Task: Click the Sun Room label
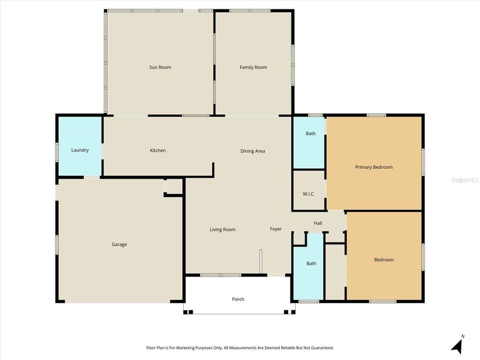point(160,67)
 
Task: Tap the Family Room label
point(253,67)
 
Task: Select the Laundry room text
point(80,150)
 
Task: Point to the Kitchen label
point(157,150)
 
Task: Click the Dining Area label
point(253,151)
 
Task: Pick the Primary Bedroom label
point(374,167)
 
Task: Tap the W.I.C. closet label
point(308,194)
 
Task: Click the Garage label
point(119,245)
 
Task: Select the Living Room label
point(222,230)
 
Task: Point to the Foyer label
point(276,229)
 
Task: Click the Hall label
point(318,223)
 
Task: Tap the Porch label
point(238,300)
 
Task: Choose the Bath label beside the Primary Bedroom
point(311,134)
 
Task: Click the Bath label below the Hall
point(311,263)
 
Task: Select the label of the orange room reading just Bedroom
point(384,260)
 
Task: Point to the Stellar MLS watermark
point(465,180)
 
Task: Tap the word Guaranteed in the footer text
point(322,348)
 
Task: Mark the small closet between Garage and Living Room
point(174,187)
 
